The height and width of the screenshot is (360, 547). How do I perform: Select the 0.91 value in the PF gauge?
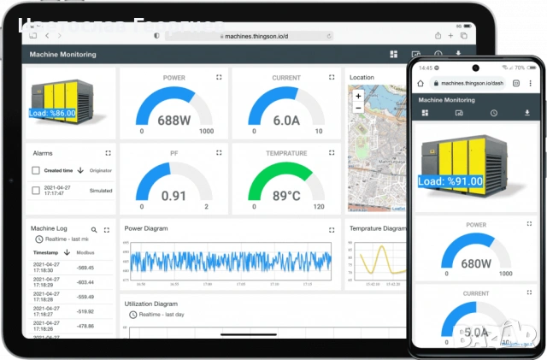(174, 196)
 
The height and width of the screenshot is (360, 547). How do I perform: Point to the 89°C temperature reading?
(285, 196)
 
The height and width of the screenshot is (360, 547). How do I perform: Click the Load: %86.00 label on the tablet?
(52, 113)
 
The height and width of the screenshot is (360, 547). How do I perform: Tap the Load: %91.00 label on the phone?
(451, 181)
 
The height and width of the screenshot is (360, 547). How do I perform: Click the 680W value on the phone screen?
(475, 263)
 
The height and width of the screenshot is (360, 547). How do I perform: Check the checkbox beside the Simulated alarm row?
(36, 190)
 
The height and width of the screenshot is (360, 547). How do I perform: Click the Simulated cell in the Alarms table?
(101, 191)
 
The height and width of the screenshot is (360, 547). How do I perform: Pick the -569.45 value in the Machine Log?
(85, 268)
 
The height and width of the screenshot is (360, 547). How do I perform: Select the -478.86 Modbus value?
(85, 326)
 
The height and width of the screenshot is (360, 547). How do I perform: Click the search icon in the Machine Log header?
(94, 230)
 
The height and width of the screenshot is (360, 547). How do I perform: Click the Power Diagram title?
(146, 228)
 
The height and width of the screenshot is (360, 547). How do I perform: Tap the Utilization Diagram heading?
(151, 304)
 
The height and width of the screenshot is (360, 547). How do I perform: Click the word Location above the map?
(362, 77)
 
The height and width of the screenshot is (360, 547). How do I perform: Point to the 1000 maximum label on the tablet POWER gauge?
(206, 132)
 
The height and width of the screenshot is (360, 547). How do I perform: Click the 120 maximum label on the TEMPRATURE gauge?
(319, 207)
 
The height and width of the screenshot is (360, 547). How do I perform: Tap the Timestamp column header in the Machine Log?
(47, 253)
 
